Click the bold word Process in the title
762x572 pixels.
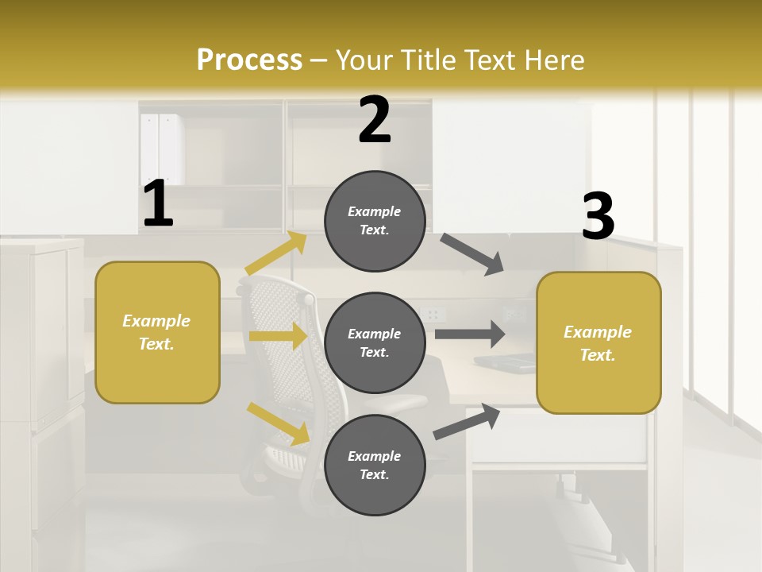point(249,60)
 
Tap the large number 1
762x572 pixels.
point(158,203)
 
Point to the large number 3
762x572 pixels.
point(598,216)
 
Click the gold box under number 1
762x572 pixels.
point(157,332)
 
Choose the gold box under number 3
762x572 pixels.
point(598,342)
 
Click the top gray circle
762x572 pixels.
point(375,221)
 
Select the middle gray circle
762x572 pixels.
point(375,342)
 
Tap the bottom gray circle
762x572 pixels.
point(375,465)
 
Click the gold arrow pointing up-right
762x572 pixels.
point(275,254)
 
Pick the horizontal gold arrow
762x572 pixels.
point(277,336)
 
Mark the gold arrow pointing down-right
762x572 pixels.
point(278,423)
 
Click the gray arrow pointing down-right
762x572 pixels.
point(473,254)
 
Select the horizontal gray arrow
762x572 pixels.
point(470,334)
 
